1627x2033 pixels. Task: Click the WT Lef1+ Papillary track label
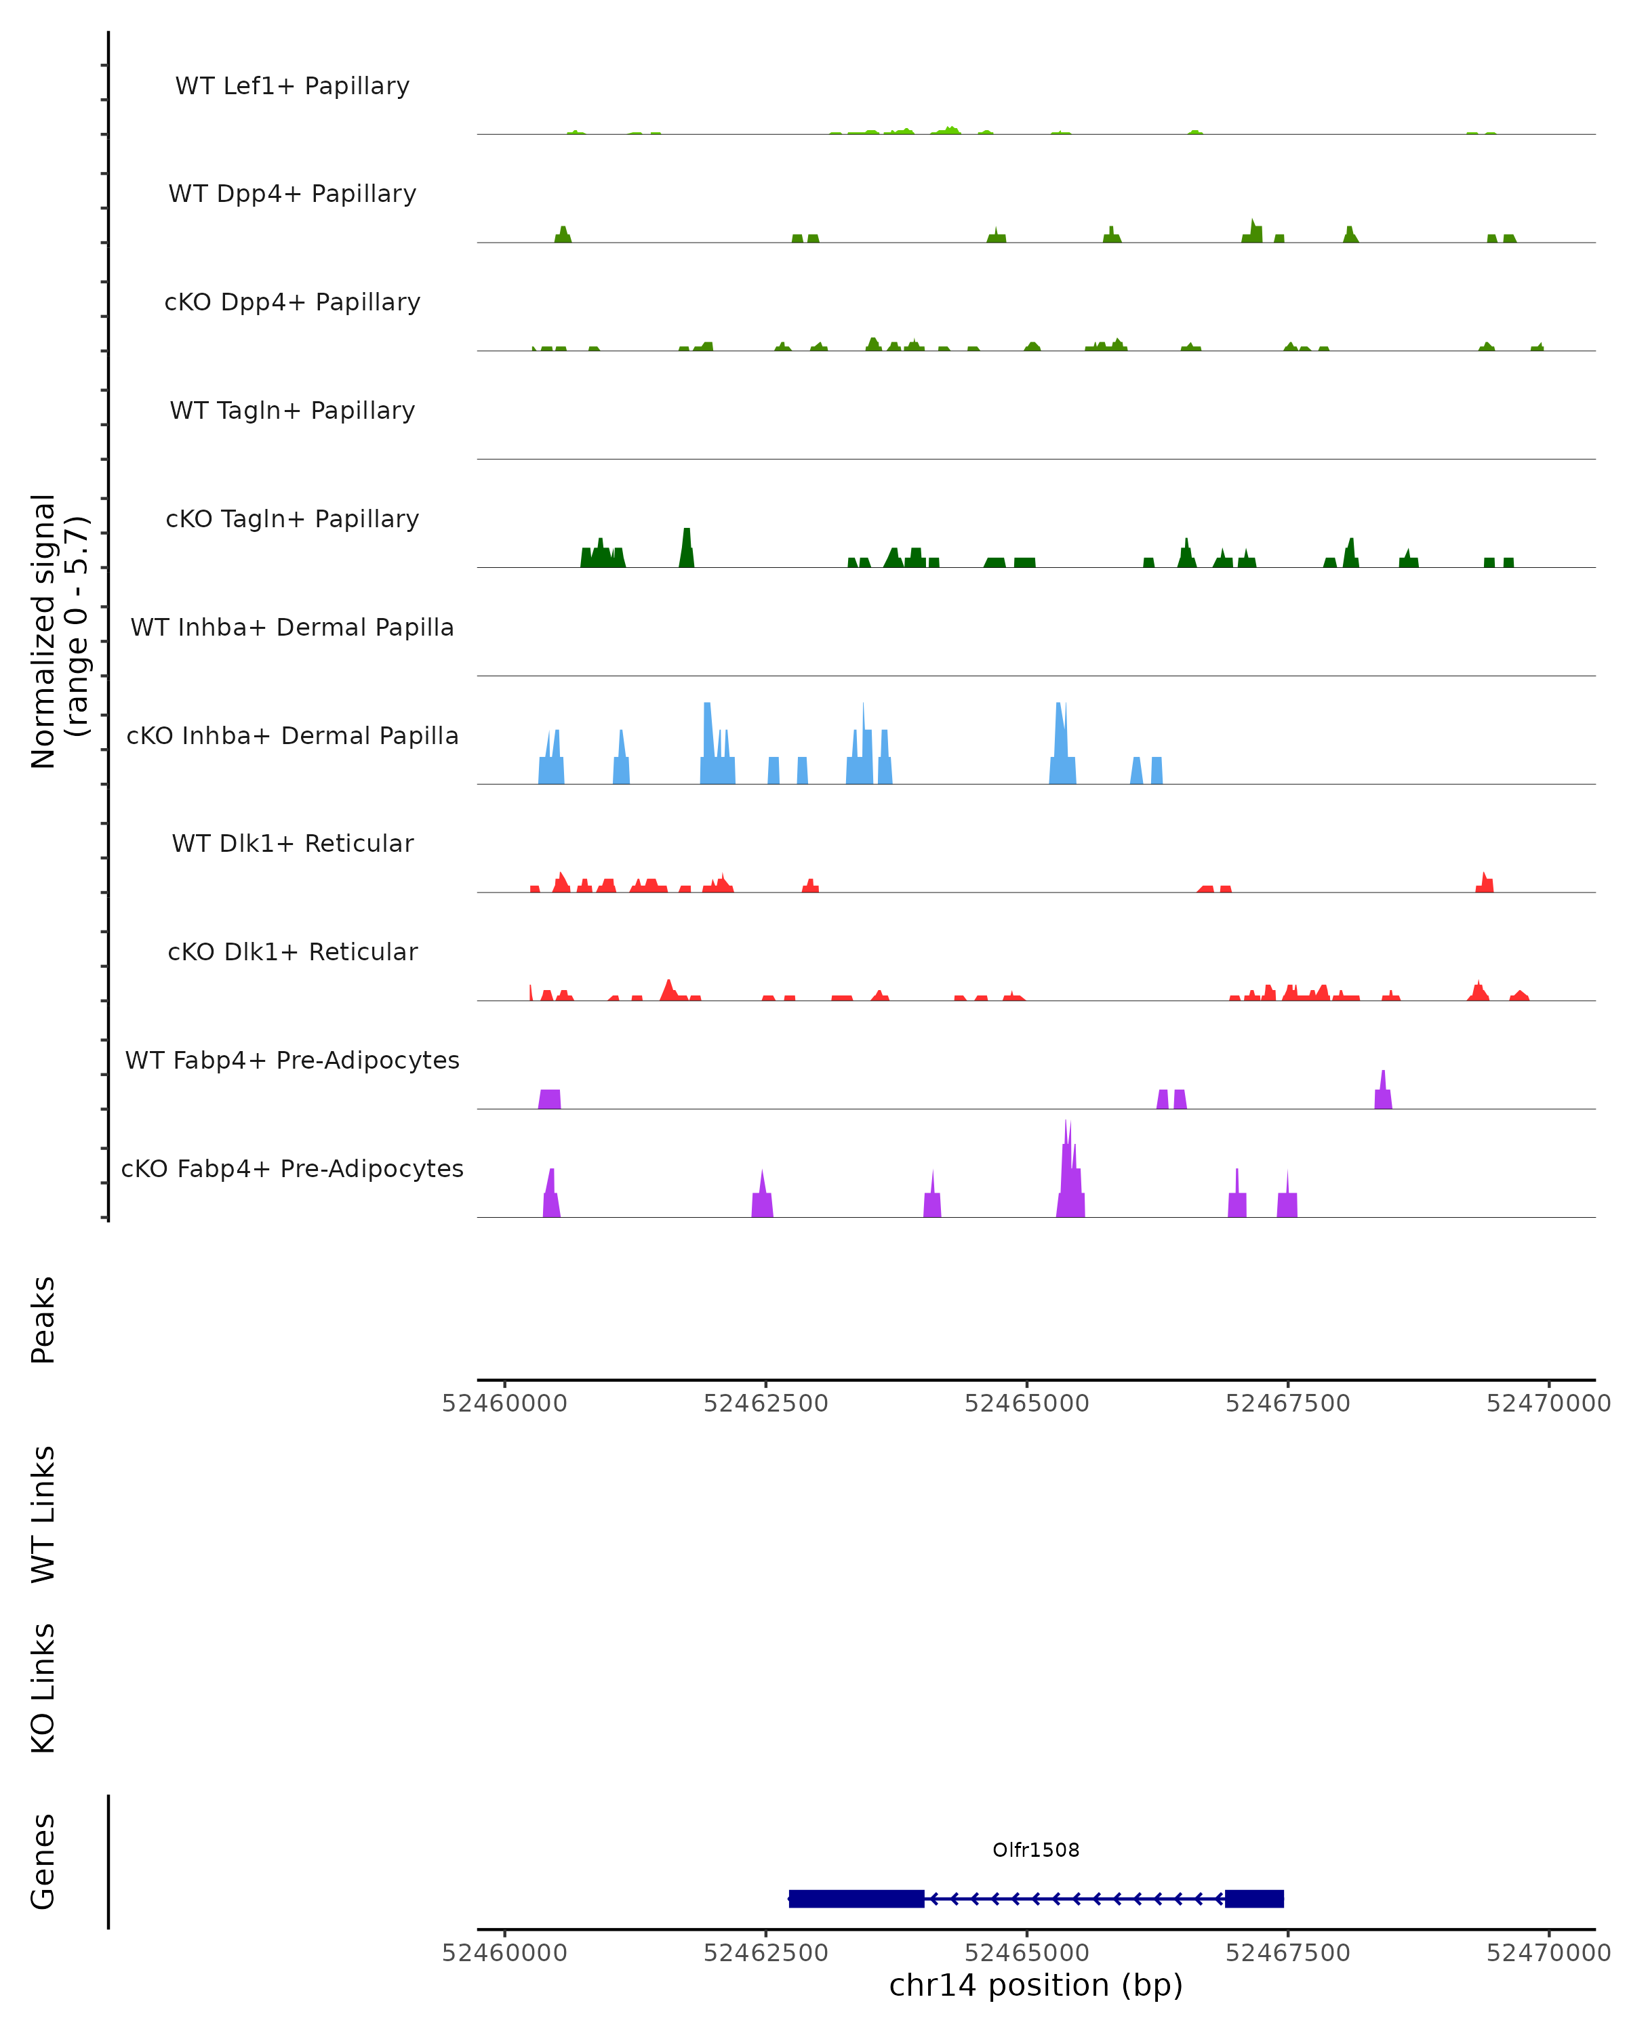point(292,86)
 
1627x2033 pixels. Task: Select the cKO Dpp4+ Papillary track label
point(292,303)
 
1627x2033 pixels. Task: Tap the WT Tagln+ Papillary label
point(292,411)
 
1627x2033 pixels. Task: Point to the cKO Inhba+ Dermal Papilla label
point(292,737)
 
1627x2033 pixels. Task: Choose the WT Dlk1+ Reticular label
point(292,844)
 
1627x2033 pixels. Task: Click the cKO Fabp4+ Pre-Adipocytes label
point(292,1169)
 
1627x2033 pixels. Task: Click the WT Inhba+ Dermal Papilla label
point(292,628)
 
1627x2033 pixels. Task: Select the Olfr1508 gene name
point(1035,1850)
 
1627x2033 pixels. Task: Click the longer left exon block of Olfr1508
point(856,1899)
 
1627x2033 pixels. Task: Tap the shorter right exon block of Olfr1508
point(1253,1899)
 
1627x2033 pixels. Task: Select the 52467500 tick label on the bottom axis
point(1287,1954)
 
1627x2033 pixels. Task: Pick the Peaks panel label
point(43,1319)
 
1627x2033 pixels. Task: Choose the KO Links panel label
point(43,1688)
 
